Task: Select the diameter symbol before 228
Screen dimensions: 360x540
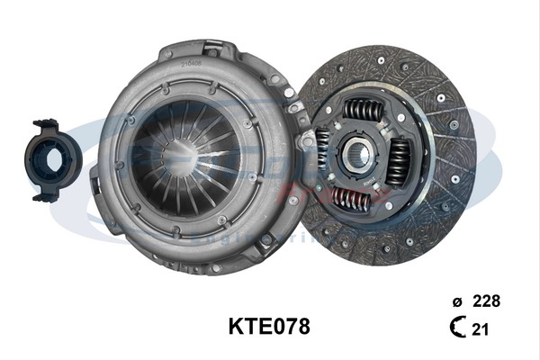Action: (457, 300)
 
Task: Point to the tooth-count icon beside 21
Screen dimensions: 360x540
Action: (458, 329)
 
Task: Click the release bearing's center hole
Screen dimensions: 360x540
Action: (56, 158)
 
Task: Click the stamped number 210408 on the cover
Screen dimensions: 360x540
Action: (191, 64)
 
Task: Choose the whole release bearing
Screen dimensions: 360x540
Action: (54, 160)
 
